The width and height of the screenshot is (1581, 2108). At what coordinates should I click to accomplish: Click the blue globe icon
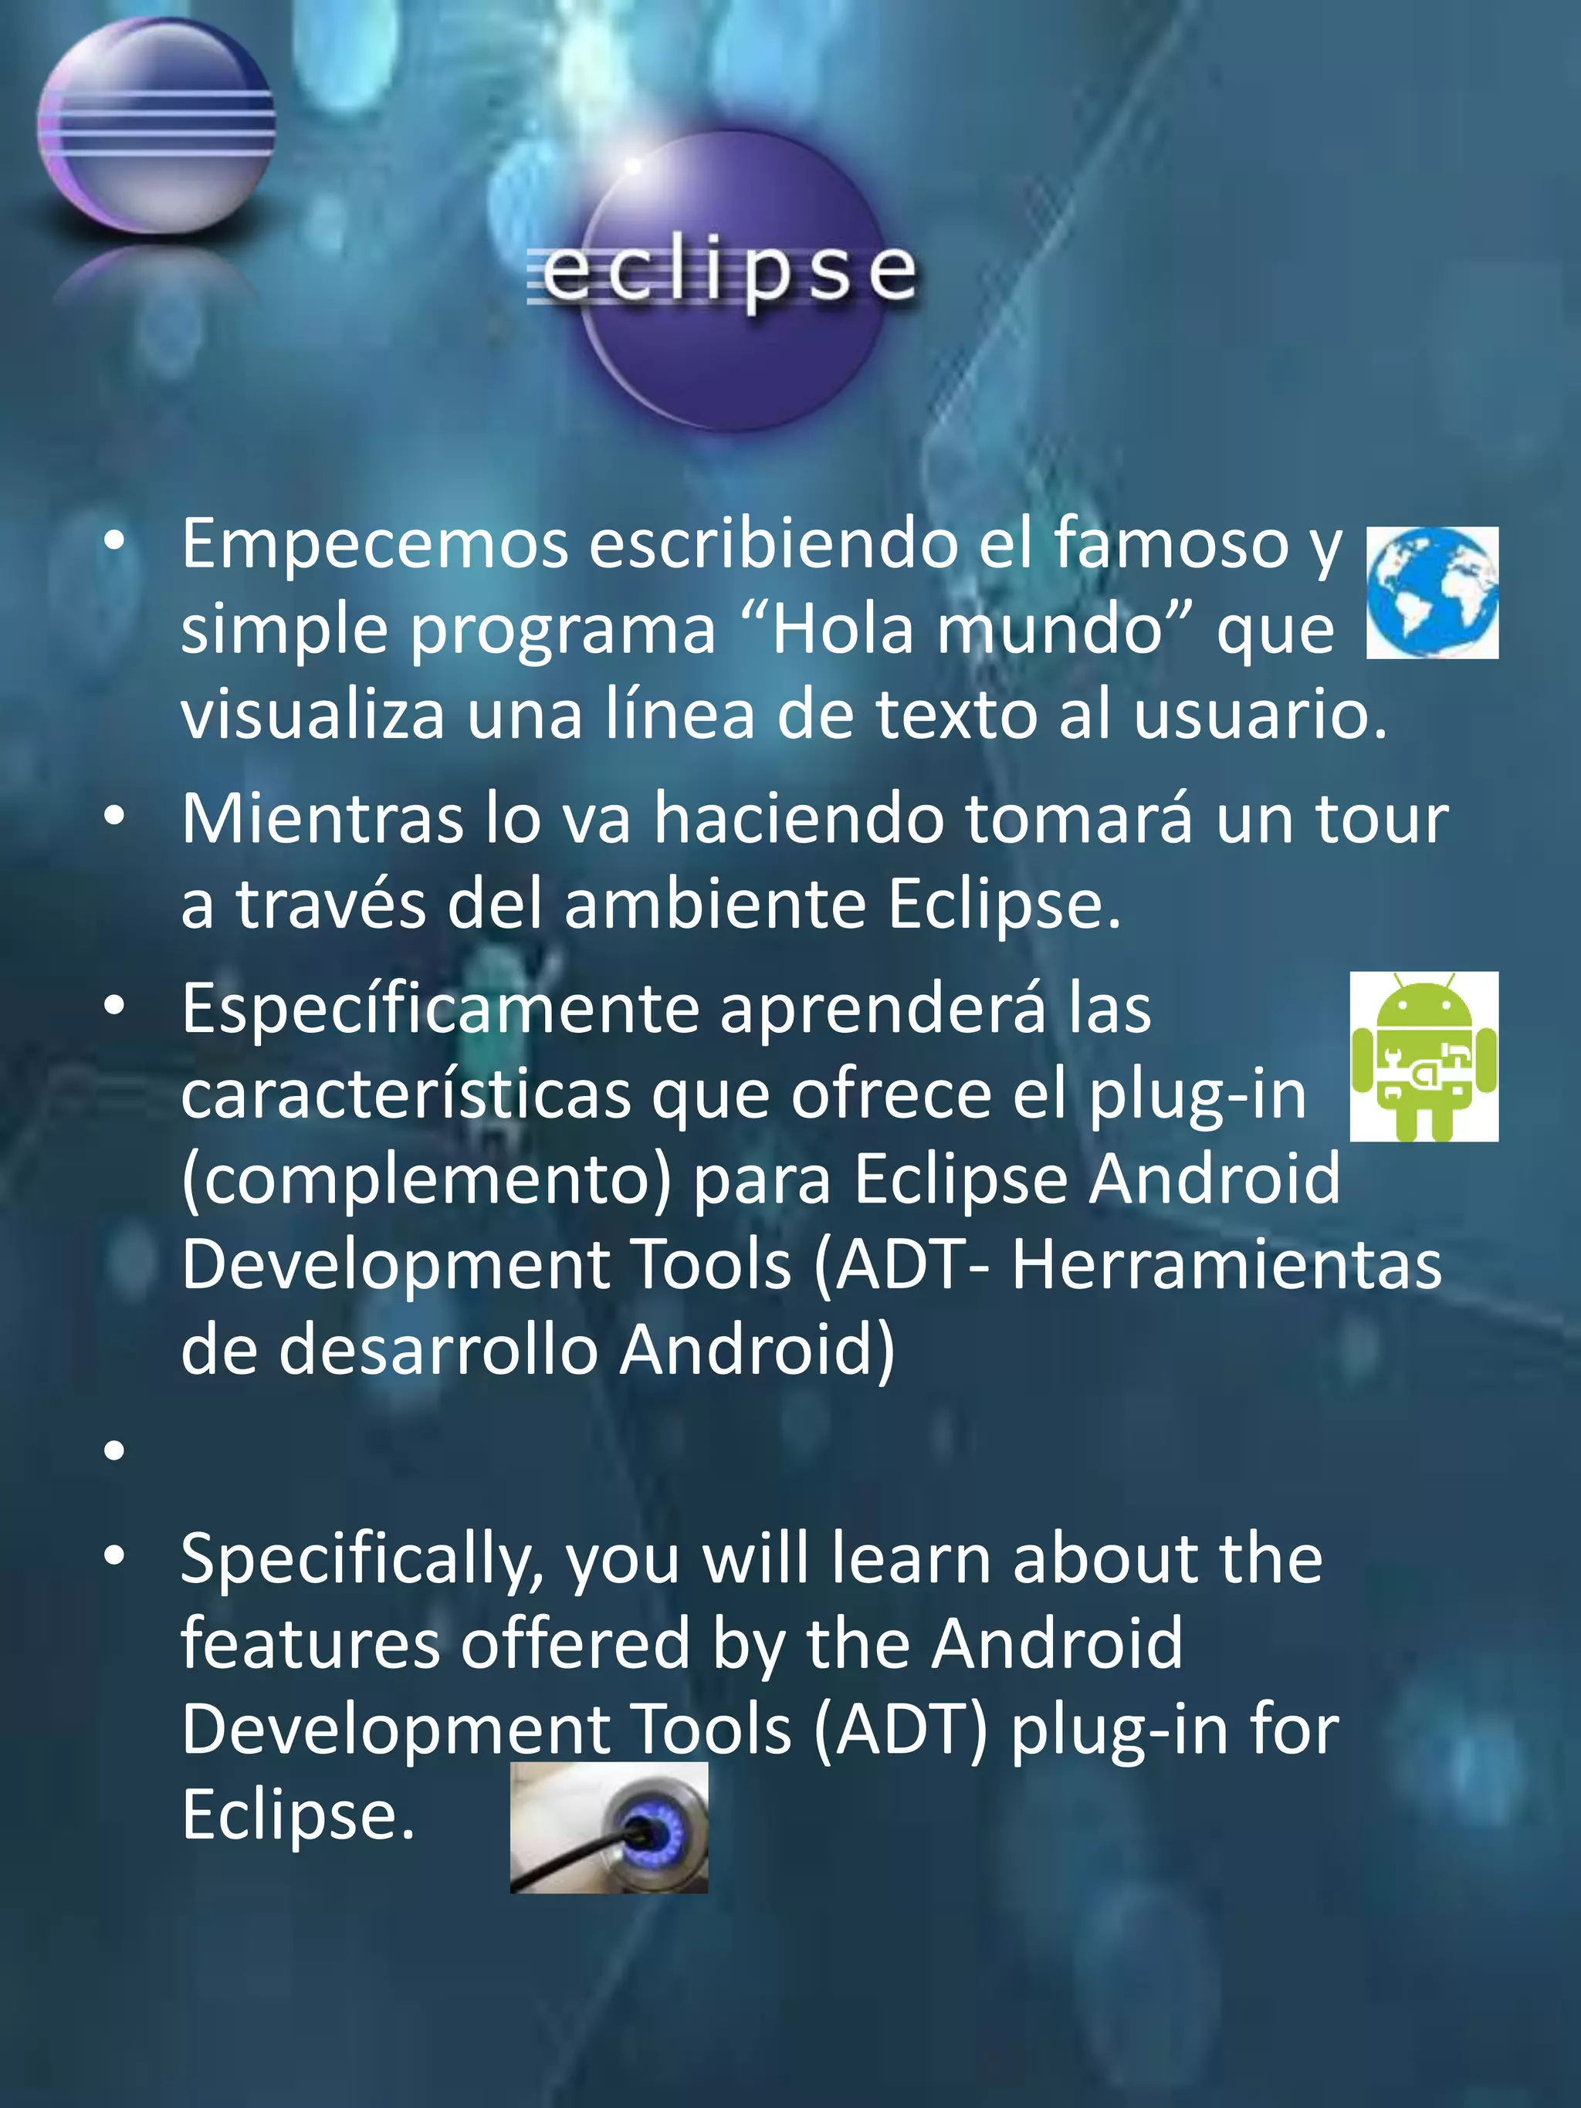(1431, 592)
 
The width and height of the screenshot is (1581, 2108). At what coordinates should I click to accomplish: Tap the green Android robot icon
(1424, 1056)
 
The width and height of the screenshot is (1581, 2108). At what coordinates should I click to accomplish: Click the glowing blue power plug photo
(609, 1826)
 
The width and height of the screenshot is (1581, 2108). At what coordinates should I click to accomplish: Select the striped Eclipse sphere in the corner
(155, 126)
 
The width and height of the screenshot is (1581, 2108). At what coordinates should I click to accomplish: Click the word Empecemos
(375, 544)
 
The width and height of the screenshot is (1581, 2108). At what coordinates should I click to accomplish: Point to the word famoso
(1170, 544)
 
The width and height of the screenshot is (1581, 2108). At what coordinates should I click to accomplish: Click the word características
(406, 1095)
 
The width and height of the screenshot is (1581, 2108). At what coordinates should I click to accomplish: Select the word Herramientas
(1227, 1266)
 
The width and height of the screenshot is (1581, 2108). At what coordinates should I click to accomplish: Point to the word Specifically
(362, 1561)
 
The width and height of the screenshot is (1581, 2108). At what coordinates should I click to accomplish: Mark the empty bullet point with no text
(114, 1451)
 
